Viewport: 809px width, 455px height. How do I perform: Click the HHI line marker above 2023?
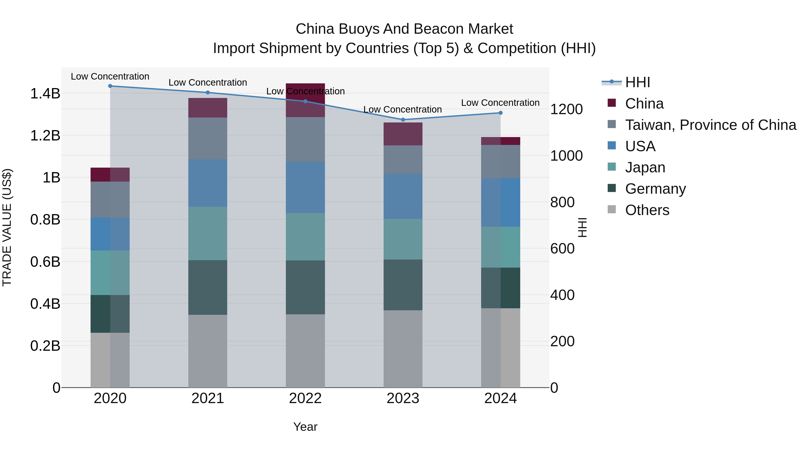tap(403, 120)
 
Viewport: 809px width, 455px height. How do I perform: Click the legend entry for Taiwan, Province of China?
tap(710, 125)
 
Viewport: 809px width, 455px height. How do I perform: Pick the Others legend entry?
tap(647, 210)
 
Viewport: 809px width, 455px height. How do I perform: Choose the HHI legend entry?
tap(637, 82)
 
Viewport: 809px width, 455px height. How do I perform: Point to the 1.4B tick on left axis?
tap(45, 93)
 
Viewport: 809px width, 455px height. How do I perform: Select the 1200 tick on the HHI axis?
tap(566, 109)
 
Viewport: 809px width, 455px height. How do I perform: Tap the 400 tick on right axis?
tap(562, 295)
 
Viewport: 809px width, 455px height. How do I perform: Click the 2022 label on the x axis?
tap(305, 398)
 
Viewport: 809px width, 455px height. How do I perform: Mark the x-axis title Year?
tap(305, 427)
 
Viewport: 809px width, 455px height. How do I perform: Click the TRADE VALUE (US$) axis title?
tap(7, 227)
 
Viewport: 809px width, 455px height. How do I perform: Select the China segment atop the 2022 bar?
tap(305, 100)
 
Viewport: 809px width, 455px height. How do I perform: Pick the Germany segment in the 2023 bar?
tap(403, 285)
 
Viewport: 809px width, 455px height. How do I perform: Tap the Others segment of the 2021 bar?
tap(208, 351)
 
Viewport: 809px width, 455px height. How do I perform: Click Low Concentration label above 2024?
tap(500, 103)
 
